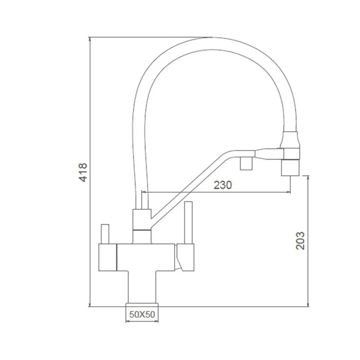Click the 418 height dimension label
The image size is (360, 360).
pos(83,172)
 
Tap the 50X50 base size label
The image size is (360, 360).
pos(142,315)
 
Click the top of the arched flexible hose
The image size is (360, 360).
pos(211,44)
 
